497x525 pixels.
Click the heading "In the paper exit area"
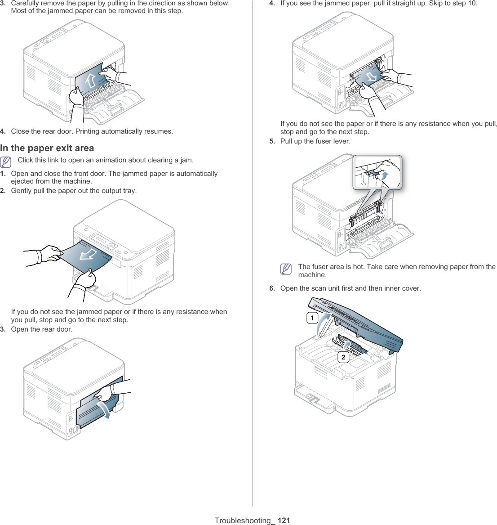pyautogui.click(x=47, y=148)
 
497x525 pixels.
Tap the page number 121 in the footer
pyautogui.click(x=284, y=521)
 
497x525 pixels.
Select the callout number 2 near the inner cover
pyautogui.click(x=343, y=357)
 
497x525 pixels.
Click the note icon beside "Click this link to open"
pyautogui.click(x=6, y=162)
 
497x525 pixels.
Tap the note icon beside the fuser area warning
pyautogui.click(x=286, y=269)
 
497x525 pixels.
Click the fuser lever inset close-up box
pyautogui.click(x=377, y=172)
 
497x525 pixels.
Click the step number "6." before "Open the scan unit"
pyautogui.click(x=272, y=288)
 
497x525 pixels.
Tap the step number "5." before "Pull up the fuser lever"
pyautogui.click(x=272, y=141)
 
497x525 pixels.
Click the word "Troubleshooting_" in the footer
pyautogui.click(x=245, y=521)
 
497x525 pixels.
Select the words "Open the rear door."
pyautogui.click(x=42, y=329)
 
